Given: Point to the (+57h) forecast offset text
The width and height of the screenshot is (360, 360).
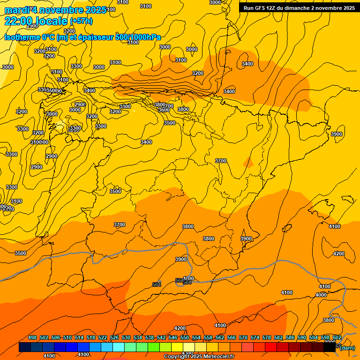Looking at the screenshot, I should pyautogui.click(x=81, y=21).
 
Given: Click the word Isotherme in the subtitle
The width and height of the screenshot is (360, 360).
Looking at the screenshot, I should pyautogui.click(x=22, y=37).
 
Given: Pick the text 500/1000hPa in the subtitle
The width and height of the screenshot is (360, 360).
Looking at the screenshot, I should pyautogui.click(x=138, y=37).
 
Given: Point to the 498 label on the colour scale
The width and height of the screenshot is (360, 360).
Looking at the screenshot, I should pyautogui.click(x=32, y=337).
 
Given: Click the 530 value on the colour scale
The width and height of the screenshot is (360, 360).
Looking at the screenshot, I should pyautogui.click(x=126, y=337).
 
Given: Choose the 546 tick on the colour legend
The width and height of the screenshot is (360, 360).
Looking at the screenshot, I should pyautogui.click(x=173, y=337).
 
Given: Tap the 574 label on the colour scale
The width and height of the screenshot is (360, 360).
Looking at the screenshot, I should pyautogui.click(x=255, y=337).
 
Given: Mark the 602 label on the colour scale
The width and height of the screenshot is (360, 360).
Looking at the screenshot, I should pyautogui.click(x=337, y=337).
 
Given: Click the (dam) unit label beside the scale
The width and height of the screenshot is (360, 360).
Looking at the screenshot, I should pyautogui.click(x=347, y=347).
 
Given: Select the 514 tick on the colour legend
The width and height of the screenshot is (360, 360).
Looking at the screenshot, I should pyautogui.click(x=79, y=337).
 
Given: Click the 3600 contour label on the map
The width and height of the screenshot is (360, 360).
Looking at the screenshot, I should pyautogui.click(x=164, y=110).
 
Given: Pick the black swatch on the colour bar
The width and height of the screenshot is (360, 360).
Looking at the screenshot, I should pyautogui.click(x=330, y=347).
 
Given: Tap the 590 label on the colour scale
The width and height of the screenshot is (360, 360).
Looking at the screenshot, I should pyautogui.click(x=302, y=337).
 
